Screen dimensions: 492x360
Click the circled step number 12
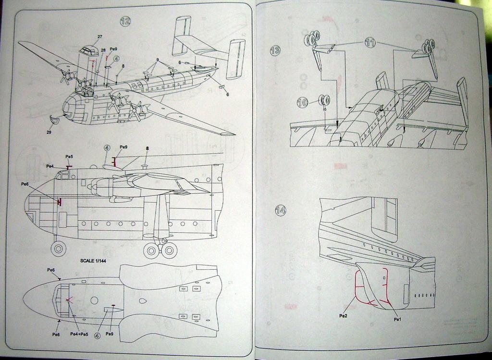(125, 21)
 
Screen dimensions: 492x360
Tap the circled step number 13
(275, 50)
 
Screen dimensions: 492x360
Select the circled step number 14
(281, 210)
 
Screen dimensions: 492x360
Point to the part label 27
(99, 36)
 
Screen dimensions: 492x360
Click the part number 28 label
(103, 49)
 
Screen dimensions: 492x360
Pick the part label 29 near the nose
(49, 132)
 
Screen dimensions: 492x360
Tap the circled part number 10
(302, 102)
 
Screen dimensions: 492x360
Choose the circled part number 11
(370, 42)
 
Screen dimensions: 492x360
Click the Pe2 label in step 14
(343, 316)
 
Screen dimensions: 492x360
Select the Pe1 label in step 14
(397, 319)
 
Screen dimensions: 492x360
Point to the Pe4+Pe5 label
(79, 334)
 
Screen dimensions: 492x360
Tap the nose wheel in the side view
(59, 249)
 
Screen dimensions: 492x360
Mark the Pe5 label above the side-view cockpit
(69, 156)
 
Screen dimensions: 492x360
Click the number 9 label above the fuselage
(157, 60)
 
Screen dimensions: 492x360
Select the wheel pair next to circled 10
(324, 101)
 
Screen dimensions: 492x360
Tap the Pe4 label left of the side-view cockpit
(50, 166)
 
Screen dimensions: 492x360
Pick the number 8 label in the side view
(147, 148)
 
